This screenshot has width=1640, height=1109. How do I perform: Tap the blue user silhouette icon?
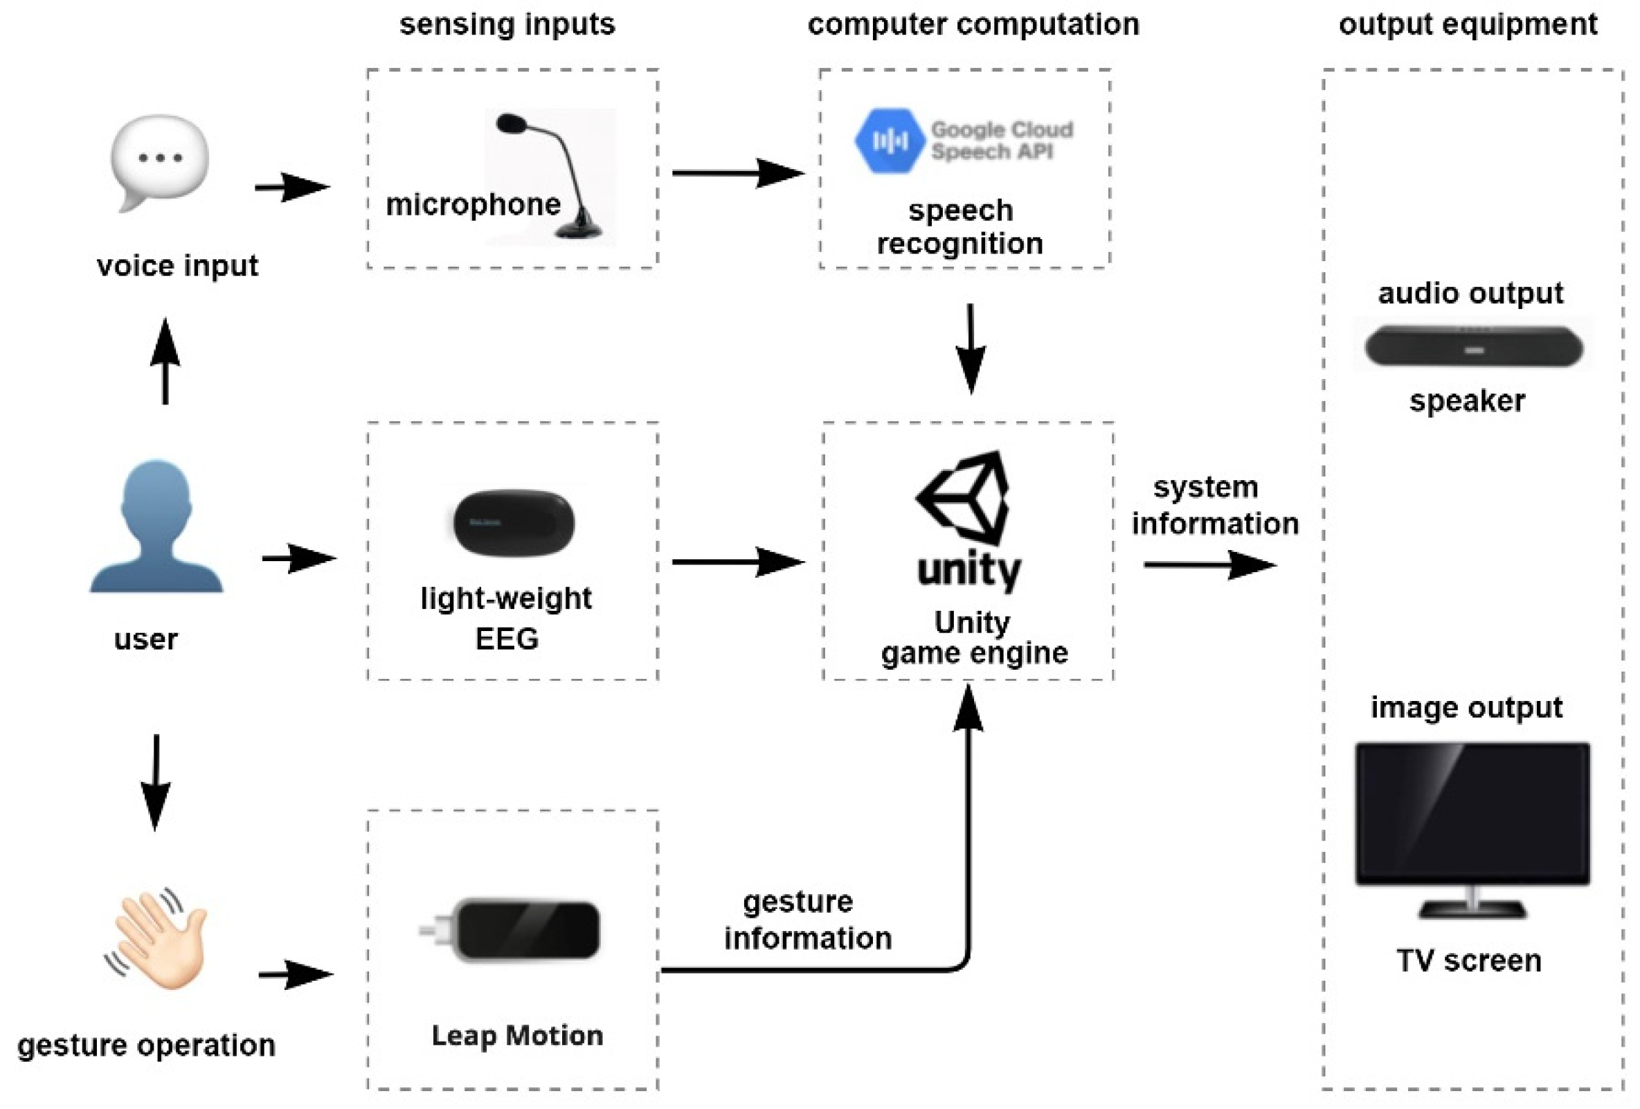coord(156,526)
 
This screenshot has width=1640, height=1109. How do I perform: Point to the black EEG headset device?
coord(514,522)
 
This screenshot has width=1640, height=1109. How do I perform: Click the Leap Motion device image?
coord(519,930)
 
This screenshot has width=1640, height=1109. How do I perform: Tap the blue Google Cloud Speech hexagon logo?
coord(889,141)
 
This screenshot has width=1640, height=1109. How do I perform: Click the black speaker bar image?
coord(1473,346)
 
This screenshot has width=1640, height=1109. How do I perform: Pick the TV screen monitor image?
coord(1472,826)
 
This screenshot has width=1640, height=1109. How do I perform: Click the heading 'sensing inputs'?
coord(507,24)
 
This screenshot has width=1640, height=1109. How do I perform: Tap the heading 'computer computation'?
coord(973,24)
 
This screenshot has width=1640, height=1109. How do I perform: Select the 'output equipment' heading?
coord(1468,24)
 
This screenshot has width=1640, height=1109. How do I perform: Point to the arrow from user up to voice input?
coord(165,362)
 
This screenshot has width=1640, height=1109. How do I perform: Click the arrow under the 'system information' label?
coord(1209,565)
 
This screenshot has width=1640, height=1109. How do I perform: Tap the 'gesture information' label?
coord(807,920)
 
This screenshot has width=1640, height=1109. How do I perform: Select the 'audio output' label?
coord(1470,293)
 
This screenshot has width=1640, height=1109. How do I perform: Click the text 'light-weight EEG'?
coord(506,619)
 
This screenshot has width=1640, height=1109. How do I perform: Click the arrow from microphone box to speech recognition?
coord(737,173)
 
